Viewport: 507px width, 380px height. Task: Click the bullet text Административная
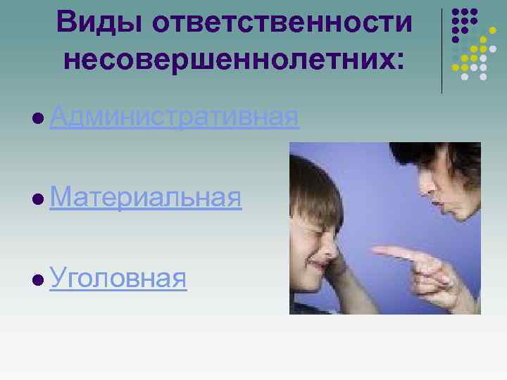(x=175, y=117)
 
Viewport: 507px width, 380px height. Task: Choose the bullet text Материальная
(x=146, y=198)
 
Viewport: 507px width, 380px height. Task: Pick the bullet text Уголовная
(x=118, y=279)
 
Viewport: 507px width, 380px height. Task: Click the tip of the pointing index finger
(x=375, y=250)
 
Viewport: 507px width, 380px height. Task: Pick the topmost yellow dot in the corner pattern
(x=484, y=39)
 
